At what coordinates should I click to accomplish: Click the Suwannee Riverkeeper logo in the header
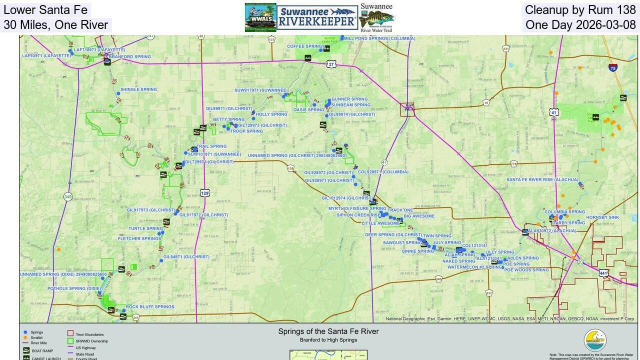click(317, 17)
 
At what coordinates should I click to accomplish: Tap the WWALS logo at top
click(260, 17)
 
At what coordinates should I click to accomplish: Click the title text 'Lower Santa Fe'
click(45, 10)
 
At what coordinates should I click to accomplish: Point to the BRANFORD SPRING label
click(129, 57)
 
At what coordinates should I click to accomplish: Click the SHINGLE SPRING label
click(138, 90)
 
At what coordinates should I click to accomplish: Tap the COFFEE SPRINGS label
click(305, 46)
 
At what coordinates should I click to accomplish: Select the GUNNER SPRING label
click(349, 99)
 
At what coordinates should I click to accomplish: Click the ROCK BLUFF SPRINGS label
click(150, 307)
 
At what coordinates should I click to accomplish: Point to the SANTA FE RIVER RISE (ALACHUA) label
click(542, 179)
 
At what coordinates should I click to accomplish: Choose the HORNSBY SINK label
click(602, 217)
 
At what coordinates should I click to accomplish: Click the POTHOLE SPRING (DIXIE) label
click(74, 288)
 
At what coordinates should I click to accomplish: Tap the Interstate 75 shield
click(613, 67)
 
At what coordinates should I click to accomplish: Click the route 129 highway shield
click(204, 193)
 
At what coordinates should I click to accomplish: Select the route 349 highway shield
click(67, 196)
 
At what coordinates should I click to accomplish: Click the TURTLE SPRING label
click(145, 229)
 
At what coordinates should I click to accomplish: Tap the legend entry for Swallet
click(36, 338)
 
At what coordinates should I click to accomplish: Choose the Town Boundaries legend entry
click(89, 334)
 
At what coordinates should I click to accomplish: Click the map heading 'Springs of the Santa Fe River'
click(328, 331)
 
